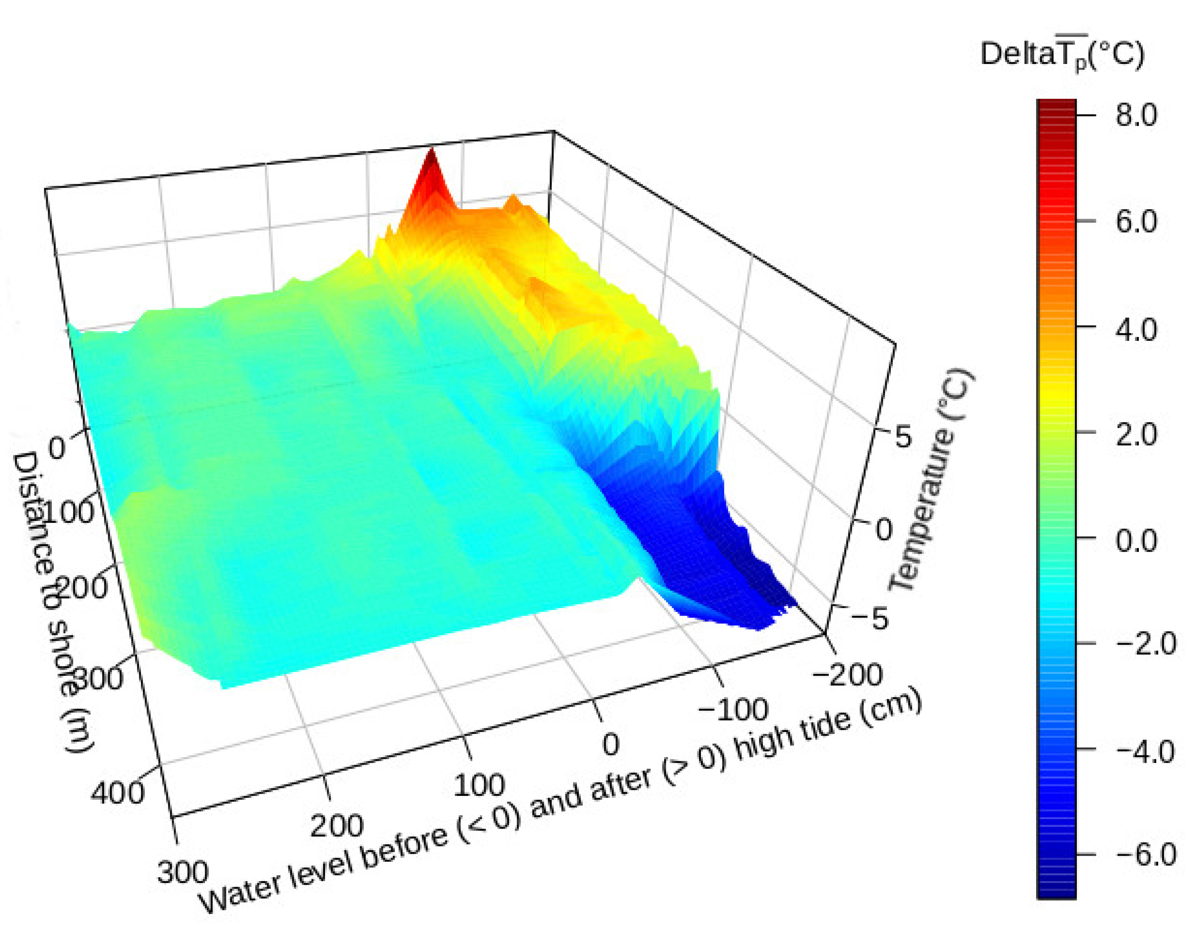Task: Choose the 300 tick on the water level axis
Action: pyautogui.click(x=183, y=873)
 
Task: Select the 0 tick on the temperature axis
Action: pyautogui.click(x=883, y=530)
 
